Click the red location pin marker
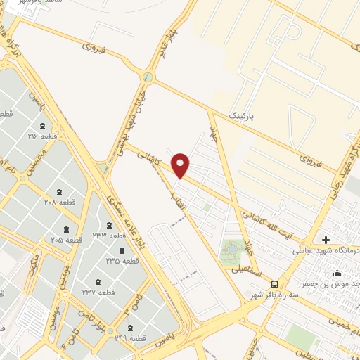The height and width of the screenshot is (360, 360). (181, 166)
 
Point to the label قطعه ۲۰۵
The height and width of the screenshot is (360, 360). (67, 240)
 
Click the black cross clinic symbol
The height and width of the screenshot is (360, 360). (326, 240)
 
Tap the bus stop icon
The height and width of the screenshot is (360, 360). (274, 283)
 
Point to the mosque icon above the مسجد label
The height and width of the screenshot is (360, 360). (338, 274)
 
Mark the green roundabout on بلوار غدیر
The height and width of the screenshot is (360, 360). (147, 77)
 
